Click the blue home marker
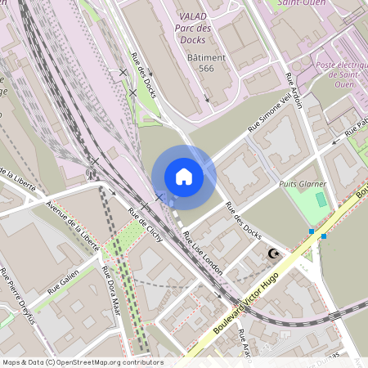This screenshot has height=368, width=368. click(184, 177)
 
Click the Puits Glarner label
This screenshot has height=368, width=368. click(302, 184)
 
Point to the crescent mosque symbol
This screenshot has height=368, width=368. click(274, 254)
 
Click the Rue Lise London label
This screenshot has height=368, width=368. click(203, 254)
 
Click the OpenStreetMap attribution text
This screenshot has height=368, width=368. click(82, 362)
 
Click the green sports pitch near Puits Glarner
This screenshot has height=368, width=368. click(321, 200)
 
